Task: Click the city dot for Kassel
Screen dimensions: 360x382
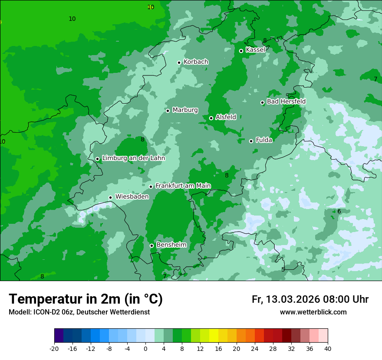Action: tap(241, 51)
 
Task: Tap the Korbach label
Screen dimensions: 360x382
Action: tap(196, 62)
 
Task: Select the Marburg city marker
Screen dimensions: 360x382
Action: tap(168, 111)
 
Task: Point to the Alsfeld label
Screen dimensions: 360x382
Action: tap(226, 117)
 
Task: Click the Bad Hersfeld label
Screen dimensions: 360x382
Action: tap(286, 101)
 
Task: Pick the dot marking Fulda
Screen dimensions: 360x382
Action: tap(251, 141)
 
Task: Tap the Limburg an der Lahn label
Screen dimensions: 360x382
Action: tap(133, 158)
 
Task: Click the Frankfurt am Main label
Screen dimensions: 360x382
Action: tap(183, 186)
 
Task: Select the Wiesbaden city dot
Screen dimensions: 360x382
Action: tap(111, 197)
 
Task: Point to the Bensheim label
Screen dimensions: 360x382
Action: tap(171, 245)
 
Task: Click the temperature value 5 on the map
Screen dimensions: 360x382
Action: tap(283, 269)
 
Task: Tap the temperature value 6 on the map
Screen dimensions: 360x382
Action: tap(339, 211)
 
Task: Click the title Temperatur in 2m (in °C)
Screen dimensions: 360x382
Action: tap(86, 299)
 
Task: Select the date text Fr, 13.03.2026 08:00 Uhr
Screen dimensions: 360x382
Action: tap(310, 299)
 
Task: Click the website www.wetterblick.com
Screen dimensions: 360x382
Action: tap(313, 312)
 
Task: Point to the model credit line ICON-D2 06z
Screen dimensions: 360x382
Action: tap(79, 312)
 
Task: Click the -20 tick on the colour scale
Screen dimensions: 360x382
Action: tap(54, 348)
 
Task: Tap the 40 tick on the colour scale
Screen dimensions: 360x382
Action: tap(327, 348)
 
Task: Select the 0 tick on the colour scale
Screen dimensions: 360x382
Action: tap(145, 348)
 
